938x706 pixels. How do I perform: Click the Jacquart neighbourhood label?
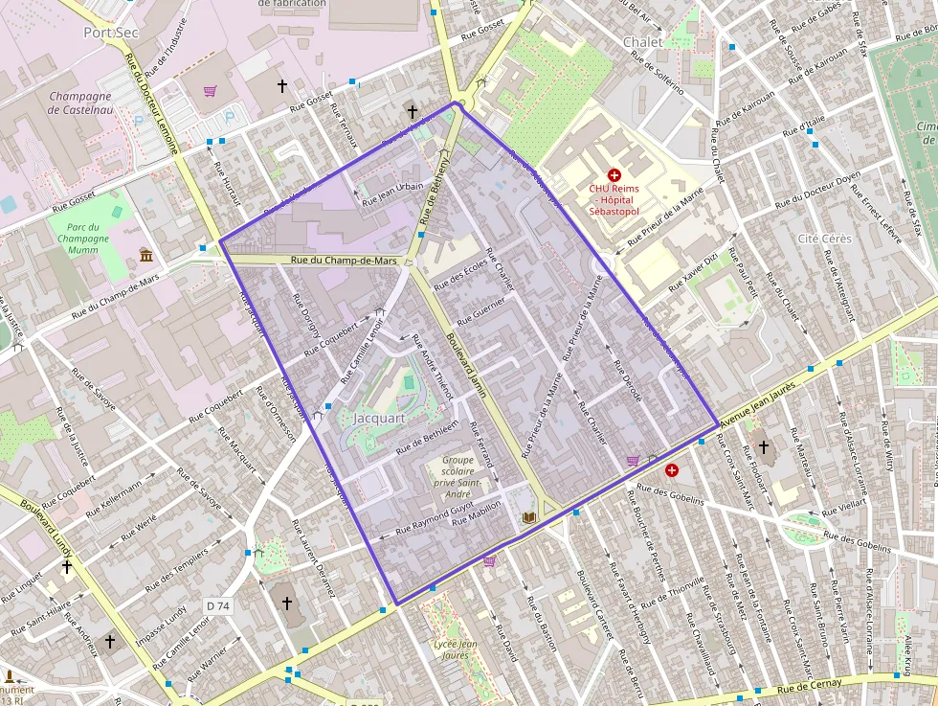pos(380,419)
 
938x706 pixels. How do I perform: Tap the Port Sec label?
pos(110,32)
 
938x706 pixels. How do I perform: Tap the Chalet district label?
pos(642,42)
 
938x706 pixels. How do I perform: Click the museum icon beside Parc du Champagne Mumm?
pos(145,255)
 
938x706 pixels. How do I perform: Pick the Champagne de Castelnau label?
pos(80,103)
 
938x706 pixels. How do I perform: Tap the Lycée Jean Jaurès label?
pos(455,649)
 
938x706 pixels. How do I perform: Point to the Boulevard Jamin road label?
pos(465,364)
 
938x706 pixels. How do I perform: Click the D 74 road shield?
pos(218,605)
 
